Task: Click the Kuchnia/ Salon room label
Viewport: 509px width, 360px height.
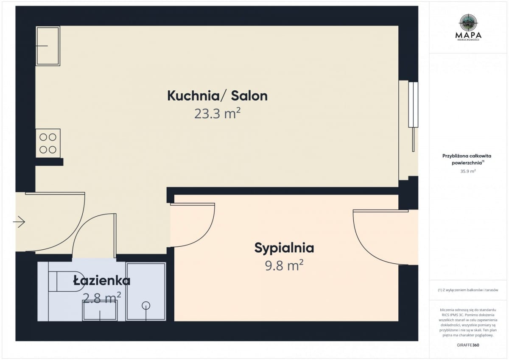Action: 217,96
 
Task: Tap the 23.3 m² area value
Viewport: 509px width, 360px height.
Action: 218,114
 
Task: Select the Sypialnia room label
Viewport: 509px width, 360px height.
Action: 284,248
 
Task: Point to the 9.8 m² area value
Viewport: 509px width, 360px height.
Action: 284,266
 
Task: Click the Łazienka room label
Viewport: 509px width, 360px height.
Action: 102,281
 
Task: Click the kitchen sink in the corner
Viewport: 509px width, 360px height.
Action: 48,46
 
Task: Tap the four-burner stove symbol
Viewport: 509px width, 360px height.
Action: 48,143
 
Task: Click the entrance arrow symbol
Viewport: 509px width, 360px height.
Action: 20,221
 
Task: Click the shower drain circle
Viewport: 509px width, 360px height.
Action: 146,305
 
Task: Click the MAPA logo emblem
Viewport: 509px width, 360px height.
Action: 468,23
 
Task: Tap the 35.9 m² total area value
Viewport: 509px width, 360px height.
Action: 468,171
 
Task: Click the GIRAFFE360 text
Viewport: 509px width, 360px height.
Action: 468,345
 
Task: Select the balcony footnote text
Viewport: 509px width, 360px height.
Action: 468,290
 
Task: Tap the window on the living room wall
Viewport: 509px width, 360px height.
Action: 413,104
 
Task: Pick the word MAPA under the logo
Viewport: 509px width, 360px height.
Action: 468,35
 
